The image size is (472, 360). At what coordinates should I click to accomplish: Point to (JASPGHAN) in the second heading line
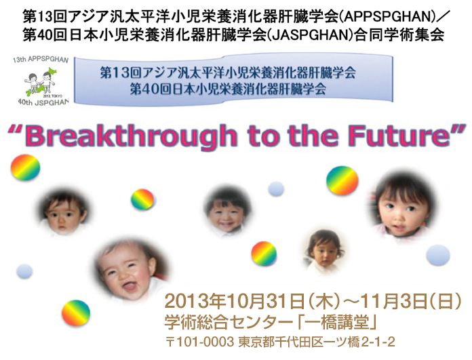(x=311, y=35)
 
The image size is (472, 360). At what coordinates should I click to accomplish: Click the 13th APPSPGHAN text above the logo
(x=41, y=59)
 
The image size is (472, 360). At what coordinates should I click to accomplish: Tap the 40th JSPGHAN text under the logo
(x=43, y=102)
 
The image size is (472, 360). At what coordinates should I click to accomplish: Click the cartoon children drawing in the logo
(x=40, y=81)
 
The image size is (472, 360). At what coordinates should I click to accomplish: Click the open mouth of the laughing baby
(x=130, y=286)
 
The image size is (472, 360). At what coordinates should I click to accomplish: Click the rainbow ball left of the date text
(x=76, y=313)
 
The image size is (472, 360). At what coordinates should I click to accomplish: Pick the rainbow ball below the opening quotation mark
(x=25, y=167)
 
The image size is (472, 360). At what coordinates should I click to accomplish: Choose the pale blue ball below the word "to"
(x=276, y=189)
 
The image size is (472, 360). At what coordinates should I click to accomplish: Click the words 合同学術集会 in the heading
(x=399, y=35)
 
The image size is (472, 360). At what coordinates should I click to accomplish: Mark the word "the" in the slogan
(x=313, y=135)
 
